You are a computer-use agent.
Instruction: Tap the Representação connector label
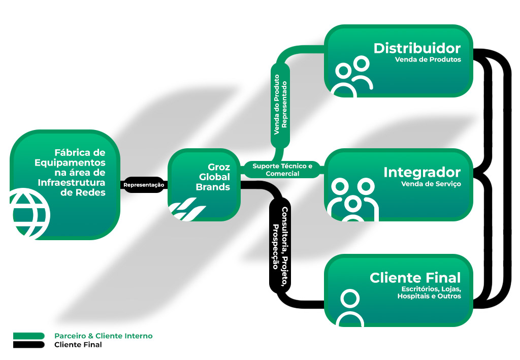pyautogui.click(x=144, y=185)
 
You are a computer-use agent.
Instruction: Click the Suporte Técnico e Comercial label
pyautogui.click(x=282, y=170)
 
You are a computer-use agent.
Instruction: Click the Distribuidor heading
pyautogui.click(x=417, y=48)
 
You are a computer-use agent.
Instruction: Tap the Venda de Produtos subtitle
pyautogui.click(x=428, y=59)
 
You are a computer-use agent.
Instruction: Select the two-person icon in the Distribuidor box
pyautogui.click(x=351, y=76)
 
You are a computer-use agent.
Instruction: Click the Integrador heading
pyautogui.click(x=422, y=172)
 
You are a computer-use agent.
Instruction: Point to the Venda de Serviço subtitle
pyautogui.click(x=431, y=184)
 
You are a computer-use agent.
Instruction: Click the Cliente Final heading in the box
pyautogui.click(x=415, y=278)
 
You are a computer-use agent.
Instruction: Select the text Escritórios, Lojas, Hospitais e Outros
pyautogui.click(x=429, y=292)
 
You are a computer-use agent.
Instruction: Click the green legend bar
pyautogui.click(x=29, y=336)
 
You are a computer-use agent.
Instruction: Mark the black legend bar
pyautogui.click(x=29, y=344)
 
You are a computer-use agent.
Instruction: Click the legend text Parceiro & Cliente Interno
pyautogui.click(x=103, y=336)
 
